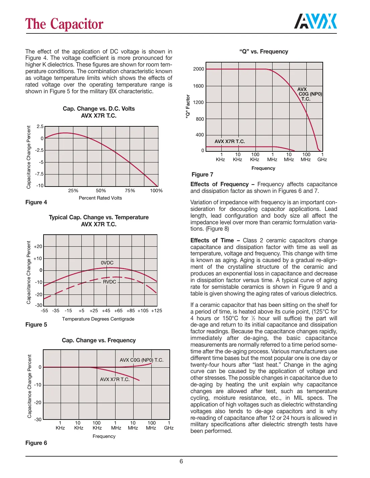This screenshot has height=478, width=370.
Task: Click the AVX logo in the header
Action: [315, 22]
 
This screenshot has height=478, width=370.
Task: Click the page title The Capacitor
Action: [64, 24]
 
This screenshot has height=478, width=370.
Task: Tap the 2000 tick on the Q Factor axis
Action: [199, 69]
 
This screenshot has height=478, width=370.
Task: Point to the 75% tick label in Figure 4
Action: [130, 191]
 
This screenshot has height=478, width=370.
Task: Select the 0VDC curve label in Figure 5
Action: [107, 263]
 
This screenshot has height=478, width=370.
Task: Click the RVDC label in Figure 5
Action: [109, 282]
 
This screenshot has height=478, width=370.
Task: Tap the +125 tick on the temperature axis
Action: [156, 311]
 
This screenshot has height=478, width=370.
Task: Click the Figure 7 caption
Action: [202, 174]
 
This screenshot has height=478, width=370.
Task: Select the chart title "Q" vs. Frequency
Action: [264, 51]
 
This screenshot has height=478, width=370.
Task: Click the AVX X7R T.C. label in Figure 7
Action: [230, 141]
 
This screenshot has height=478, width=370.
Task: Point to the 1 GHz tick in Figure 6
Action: [169, 425]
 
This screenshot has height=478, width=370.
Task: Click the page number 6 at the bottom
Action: [181, 461]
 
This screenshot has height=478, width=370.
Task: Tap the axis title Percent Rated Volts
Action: [100, 198]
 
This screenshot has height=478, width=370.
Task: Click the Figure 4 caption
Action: [36, 202]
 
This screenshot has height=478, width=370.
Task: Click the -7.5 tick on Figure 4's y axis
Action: [39, 174]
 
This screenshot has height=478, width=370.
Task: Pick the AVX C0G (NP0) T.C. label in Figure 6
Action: [142, 360]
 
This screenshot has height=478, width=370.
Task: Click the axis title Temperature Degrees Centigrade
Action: [98, 319]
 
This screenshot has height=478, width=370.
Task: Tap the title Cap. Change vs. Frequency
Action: [99, 340]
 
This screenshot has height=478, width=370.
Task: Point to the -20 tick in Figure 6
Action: [38, 402]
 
